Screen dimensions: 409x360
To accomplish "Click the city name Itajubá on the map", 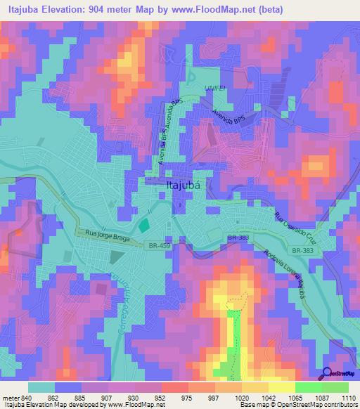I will [187, 186].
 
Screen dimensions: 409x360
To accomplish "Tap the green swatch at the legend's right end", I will [335, 387].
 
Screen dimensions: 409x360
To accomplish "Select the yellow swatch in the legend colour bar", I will [281, 387].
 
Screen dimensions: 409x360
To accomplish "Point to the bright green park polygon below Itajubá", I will [143, 226].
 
